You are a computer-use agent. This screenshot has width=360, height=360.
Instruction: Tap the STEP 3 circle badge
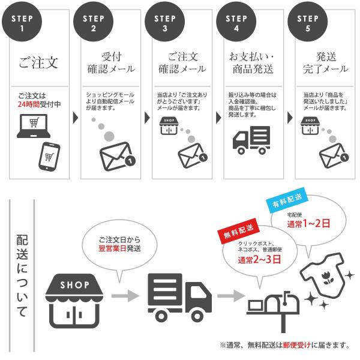click(x=165, y=23)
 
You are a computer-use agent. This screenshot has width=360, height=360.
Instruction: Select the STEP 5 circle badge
click(x=307, y=23)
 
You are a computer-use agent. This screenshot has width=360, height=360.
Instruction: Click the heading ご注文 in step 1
click(x=38, y=63)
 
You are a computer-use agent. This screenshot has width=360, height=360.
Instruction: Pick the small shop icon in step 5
click(x=311, y=125)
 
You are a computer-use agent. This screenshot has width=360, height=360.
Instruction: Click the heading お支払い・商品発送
click(x=251, y=63)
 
